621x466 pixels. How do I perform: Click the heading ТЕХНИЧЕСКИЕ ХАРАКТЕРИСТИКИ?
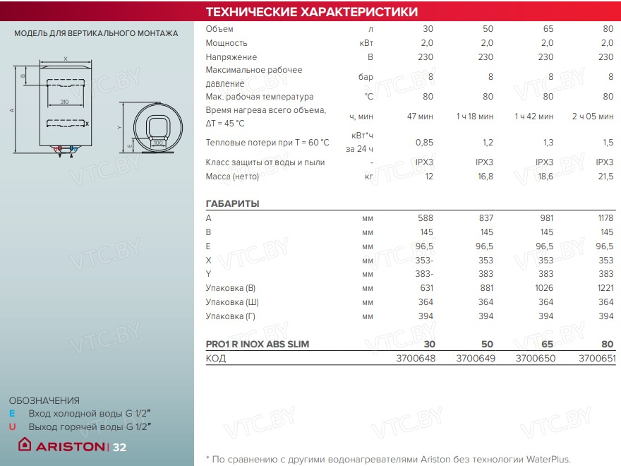pos(311,12)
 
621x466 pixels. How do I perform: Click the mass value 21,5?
pos(605,177)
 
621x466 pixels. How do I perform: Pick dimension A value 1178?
pos(605,218)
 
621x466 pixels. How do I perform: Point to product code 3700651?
pos(597,359)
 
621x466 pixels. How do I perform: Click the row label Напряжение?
pos(231,57)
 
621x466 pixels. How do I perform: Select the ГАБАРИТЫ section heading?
pos(232,204)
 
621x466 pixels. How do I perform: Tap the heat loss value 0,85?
pos(424,143)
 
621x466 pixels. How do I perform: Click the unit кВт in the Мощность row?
pos(366,43)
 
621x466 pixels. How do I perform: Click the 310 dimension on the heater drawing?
pos(64,103)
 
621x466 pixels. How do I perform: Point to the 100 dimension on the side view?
pos(158,143)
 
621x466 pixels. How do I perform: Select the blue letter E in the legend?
pos(12,413)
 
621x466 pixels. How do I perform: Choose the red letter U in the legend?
pos(12,426)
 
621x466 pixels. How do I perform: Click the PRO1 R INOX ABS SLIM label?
pos(257,345)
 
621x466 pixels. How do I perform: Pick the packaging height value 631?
pos(424,287)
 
